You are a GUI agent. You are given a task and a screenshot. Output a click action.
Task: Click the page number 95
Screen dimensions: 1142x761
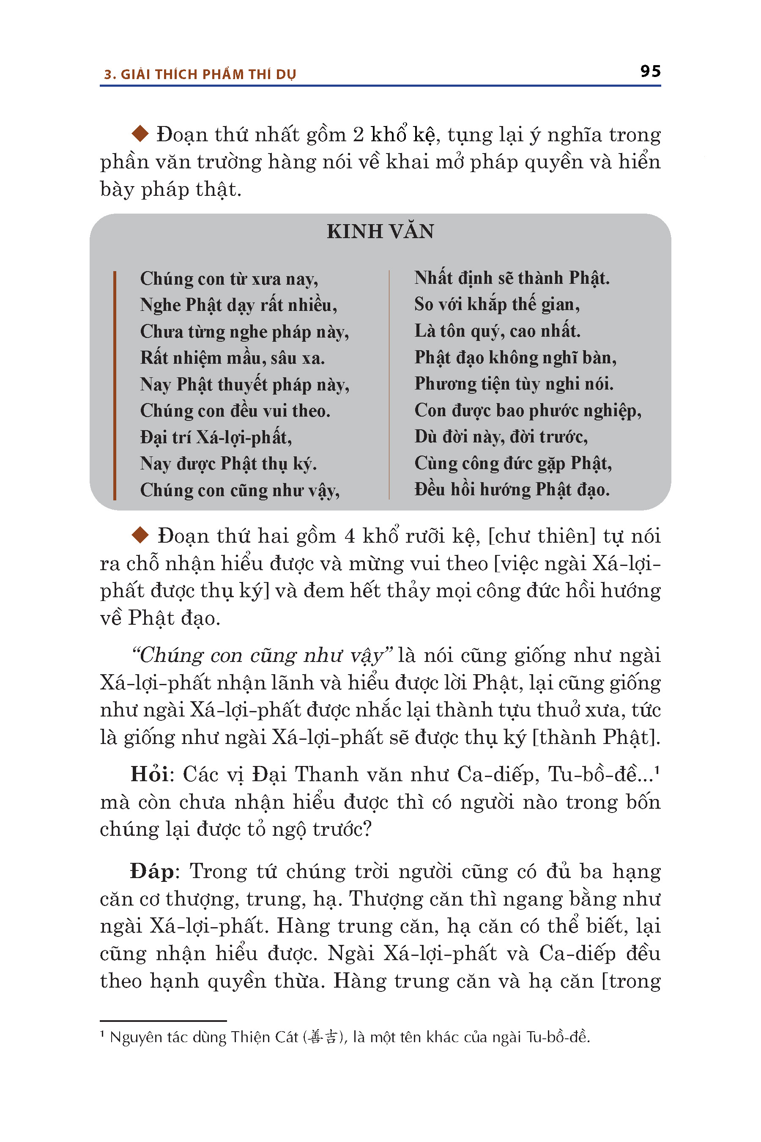point(650,71)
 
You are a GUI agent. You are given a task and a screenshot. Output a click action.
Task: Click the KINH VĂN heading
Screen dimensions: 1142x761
point(380,232)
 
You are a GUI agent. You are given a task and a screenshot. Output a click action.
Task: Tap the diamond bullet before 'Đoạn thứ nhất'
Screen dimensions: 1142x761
point(140,134)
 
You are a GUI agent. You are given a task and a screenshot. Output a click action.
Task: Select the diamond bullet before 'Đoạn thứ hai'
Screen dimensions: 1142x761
point(140,535)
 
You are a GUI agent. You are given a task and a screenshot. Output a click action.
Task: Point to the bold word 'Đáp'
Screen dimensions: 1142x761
point(152,871)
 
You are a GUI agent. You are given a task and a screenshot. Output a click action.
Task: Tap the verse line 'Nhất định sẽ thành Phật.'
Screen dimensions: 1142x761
point(512,278)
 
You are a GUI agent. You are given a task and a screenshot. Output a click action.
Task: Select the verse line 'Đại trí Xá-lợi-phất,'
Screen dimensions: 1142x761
point(216,437)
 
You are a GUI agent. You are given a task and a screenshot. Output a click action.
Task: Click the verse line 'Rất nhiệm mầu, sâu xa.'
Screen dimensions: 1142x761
point(233,358)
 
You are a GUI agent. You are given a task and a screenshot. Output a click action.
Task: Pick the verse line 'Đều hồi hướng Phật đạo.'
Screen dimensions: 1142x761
point(512,489)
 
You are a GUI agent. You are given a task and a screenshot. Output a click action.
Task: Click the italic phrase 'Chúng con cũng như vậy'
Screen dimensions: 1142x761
point(262,656)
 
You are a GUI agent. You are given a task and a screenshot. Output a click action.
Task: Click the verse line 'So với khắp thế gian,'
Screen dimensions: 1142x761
point(497,305)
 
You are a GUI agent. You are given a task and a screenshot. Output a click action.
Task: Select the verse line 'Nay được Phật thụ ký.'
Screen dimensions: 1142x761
point(228,464)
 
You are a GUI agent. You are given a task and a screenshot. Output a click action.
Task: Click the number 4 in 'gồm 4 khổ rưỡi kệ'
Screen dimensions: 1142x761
point(350,536)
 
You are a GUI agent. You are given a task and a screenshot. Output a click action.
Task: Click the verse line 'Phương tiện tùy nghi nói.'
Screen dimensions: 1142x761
point(514,384)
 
